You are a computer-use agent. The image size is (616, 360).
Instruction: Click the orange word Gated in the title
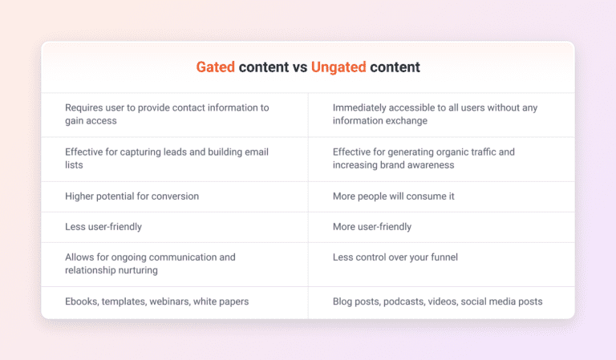(x=216, y=67)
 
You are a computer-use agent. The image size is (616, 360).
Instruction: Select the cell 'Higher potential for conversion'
(x=132, y=196)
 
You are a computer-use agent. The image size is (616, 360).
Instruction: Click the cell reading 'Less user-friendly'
(x=103, y=227)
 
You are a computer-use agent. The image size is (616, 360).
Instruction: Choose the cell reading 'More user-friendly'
(x=371, y=227)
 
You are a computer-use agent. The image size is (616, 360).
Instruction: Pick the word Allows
(x=79, y=257)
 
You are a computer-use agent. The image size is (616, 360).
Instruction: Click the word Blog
(x=343, y=301)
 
